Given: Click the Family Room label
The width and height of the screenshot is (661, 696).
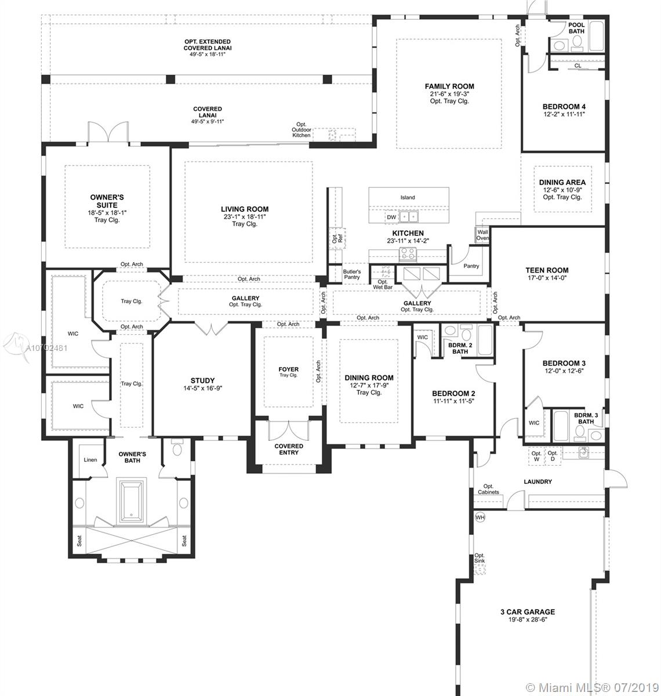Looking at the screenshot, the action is [x=449, y=86].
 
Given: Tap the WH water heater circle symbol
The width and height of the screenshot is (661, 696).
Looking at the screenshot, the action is [x=480, y=517].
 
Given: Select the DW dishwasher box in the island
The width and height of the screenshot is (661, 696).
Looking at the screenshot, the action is [x=391, y=217].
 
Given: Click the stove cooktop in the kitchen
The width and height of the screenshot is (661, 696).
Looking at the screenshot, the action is [x=408, y=254].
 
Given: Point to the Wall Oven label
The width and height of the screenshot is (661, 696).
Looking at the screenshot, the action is [x=482, y=235].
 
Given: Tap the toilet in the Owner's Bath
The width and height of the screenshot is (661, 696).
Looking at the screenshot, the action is [x=176, y=448].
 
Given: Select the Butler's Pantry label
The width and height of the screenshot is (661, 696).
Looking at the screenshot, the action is [x=351, y=274].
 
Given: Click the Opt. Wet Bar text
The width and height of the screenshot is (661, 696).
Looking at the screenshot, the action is [x=383, y=285].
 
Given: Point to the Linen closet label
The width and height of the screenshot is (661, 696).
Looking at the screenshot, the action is [x=90, y=460].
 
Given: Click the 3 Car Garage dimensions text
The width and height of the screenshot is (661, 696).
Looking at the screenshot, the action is [x=527, y=619].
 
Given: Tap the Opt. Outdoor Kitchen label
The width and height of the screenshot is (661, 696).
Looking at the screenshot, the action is [x=302, y=129].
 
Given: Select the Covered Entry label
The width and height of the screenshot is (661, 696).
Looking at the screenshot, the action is [x=289, y=449].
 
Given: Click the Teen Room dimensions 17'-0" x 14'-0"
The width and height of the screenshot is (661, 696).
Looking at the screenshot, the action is [x=547, y=278].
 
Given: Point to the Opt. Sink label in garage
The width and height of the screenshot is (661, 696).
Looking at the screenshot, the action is [x=480, y=558].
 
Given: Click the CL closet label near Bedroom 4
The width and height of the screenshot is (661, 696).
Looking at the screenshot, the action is [x=578, y=66].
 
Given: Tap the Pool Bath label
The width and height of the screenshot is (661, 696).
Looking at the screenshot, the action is [x=576, y=28].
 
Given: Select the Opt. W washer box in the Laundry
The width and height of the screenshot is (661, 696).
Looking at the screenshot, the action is [x=536, y=456].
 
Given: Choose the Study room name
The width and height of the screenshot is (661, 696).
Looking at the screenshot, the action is [x=202, y=380].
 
